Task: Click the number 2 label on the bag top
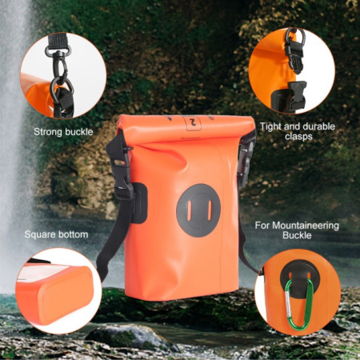(x=193, y=123)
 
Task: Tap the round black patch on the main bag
(x=198, y=210)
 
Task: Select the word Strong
(x=49, y=131)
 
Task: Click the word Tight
(x=271, y=126)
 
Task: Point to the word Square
(x=39, y=234)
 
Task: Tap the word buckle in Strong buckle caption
(x=79, y=131)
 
